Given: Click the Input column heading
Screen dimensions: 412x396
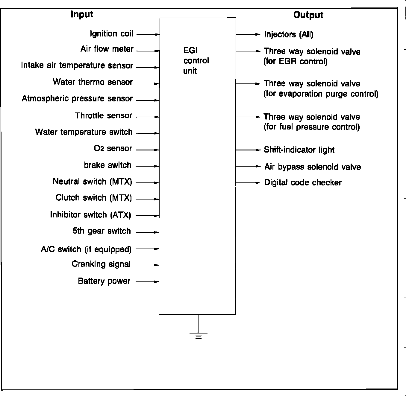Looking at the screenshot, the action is [x=82, y=14].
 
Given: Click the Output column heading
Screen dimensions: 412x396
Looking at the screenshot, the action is [x=308, y=15].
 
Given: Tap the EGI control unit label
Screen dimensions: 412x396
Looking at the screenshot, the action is [x=196, y=61].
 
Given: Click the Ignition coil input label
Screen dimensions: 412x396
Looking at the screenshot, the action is [x=111, y=33].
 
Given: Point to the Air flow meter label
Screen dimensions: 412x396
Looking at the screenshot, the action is [x=107, y=49].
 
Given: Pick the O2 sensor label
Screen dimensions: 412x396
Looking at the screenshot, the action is [x=113, y=148].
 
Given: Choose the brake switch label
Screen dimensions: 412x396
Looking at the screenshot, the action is [x=107, y=165].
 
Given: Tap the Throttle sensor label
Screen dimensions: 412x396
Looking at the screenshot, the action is [x=104, y=115].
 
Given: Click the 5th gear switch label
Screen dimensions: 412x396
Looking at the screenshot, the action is [x=102, y=231].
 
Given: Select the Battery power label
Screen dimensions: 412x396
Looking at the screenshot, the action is [x=104, y=281].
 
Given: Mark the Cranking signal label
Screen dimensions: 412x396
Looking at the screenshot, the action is [x=101, y=264].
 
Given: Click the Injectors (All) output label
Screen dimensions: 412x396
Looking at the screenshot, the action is [x=289, y=34].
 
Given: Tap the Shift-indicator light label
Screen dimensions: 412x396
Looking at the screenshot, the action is [x=299, y=150].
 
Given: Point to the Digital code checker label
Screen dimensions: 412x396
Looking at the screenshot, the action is [x=303, y=182].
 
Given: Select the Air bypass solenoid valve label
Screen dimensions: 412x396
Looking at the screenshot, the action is [x=313, y=167].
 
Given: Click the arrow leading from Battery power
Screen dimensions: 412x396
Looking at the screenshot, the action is [x=147, y=281].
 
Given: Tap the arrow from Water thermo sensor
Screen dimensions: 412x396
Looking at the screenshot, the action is [x=148, y=84].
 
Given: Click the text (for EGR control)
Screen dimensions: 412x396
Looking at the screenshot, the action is [x=296, y=62].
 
